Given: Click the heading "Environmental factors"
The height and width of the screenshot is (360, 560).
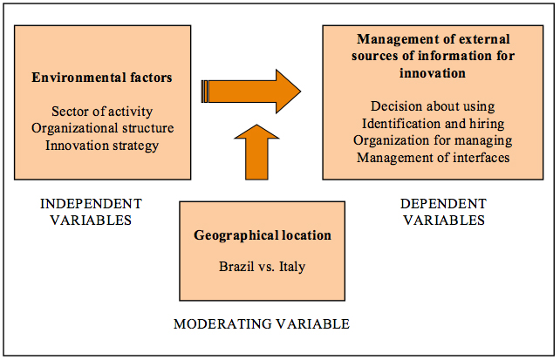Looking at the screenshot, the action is tap(102, 78).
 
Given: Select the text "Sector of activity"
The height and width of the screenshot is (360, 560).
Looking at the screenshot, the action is tap(102, 112).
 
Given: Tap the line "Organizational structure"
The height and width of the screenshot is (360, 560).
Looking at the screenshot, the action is tap(103, 128).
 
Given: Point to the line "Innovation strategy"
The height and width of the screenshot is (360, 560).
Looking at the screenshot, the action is tap(102, 146).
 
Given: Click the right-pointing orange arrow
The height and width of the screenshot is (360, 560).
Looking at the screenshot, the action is tap(251, 92).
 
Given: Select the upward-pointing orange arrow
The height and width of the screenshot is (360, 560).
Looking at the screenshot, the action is tap(256, 152).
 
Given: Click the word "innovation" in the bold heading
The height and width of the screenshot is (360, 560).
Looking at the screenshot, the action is tap(433, 73).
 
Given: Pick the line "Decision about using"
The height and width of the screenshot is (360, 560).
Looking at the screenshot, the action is tap(433, 106).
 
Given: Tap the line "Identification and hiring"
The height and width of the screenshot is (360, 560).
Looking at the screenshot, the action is tap(434, 124).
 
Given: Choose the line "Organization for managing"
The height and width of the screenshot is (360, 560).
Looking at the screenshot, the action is tap(433, 140).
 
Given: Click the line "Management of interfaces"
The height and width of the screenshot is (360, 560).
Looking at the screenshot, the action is tap(434, 158).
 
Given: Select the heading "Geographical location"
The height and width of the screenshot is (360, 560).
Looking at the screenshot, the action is tap(263, 235).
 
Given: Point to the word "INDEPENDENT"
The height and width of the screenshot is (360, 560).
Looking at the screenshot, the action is tap(91, 204).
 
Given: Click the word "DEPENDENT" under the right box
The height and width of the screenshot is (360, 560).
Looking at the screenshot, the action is tap(444, 204).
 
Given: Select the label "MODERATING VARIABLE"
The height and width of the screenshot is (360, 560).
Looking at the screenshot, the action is tap(262, 324).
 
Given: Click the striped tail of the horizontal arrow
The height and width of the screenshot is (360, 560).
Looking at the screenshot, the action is tap(205, 92).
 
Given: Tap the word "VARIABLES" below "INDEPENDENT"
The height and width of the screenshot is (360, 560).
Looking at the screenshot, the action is tap(91, 221).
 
